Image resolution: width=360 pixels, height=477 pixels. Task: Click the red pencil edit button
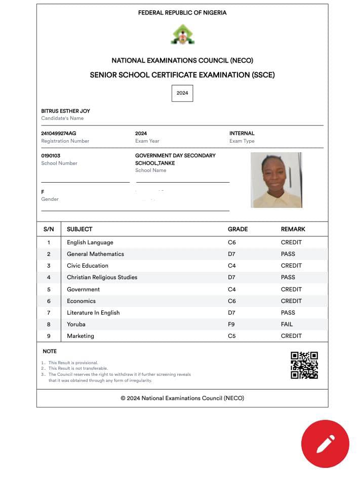click(325, 444)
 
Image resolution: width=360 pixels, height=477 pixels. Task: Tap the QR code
click(304, 365)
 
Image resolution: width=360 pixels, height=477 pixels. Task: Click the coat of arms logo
click(182, 34)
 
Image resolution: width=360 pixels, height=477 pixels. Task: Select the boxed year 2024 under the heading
click(182, 93)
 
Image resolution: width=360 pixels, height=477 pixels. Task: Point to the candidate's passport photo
click(276, 180)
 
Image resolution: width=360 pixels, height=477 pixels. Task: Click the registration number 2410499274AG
click(59, 134)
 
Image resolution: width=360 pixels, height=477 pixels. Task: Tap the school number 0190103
click(51, 156)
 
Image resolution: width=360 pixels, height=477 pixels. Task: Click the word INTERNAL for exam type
click(242, 134)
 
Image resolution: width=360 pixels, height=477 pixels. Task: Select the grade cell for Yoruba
click(232, 324)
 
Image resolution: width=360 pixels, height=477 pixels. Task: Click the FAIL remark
click(287, 324)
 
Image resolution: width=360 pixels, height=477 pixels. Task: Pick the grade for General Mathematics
click(232, 254)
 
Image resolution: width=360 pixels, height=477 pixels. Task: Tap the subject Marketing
click(81, 336)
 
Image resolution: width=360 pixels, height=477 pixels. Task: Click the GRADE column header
click(238, 229)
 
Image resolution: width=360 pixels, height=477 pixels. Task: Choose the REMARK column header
click(293, 229)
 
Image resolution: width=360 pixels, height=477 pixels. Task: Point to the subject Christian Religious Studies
click(102, 277)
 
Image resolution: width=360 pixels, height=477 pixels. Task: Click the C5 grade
click(232, 336)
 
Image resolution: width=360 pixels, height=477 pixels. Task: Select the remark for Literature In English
click(288, 313)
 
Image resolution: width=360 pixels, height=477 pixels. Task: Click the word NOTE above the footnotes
click(50, 351)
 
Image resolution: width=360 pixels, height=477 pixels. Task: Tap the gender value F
click(43, 192)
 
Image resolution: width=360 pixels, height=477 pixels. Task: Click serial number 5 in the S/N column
click(49, 289)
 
